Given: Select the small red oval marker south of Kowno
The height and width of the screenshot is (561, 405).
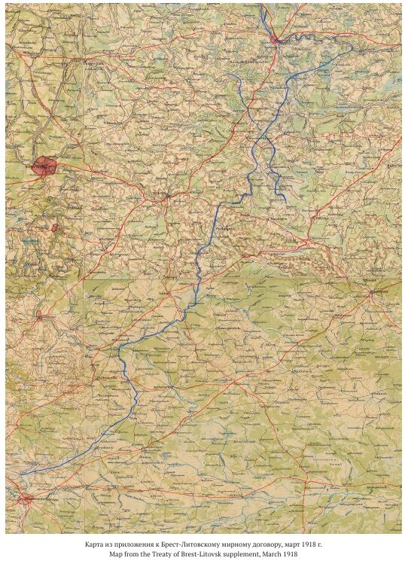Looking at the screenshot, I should tap(54, 227).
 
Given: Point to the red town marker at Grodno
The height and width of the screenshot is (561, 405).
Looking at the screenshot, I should tap(40, 317).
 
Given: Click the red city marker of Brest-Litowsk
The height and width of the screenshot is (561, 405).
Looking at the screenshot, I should tap(27, 498).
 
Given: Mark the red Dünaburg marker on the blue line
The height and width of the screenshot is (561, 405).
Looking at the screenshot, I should tap(279, 39).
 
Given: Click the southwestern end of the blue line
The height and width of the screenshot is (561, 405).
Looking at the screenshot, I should tap(21, 474).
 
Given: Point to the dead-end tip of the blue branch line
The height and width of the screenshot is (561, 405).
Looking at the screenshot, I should tap(285, 200).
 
